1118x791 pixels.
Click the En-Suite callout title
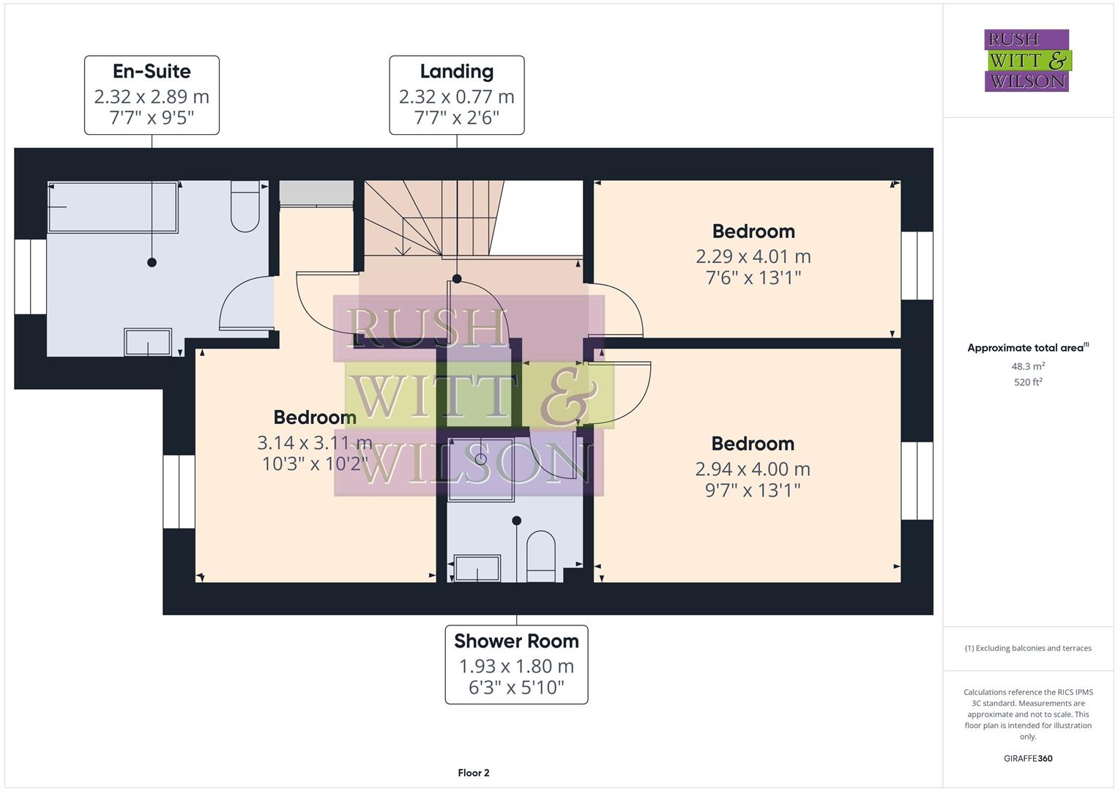152,72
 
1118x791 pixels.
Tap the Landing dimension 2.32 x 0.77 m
456,97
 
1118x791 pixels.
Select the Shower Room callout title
516,641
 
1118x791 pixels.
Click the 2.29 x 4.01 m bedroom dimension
753,256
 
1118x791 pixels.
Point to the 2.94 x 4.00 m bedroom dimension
753,469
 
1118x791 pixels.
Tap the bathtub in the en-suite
113,207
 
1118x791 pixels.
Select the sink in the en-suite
148,342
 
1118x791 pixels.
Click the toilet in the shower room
541,557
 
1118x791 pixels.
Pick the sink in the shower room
477,568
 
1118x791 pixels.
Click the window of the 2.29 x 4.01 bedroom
917,266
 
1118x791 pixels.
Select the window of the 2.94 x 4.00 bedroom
917,480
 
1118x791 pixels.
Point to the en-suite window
31,277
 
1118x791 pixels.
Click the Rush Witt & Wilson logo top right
1026,61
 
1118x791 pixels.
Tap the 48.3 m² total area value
1028,366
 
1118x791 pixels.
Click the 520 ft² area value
1028,382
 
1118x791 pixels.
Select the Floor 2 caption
474,773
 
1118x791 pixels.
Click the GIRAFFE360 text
1028,758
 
